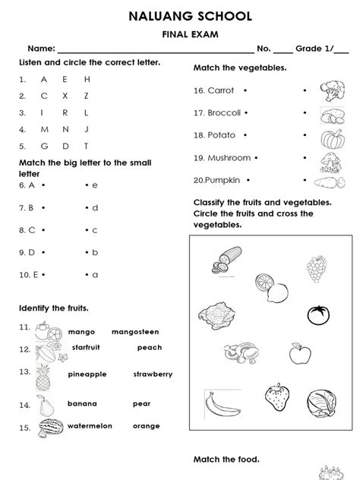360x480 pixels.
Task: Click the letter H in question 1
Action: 87,79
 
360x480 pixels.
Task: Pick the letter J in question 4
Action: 87,128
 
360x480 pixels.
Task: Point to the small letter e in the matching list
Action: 96,185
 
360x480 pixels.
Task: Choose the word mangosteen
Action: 134,332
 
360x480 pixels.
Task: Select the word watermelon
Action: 90,426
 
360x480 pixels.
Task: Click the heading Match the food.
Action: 226,459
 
